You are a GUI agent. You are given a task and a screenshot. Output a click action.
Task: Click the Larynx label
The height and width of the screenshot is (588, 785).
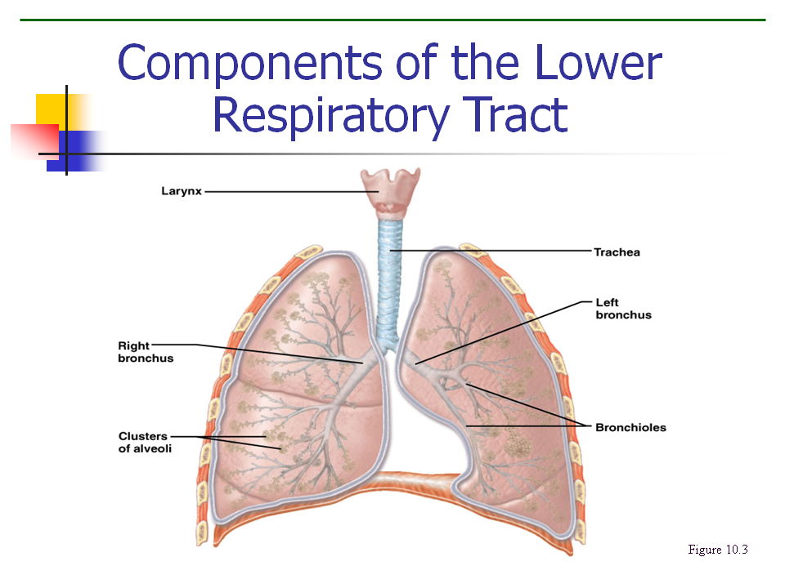pos(180,192)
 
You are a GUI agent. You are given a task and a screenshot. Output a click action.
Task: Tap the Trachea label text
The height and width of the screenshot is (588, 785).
pos(617,252)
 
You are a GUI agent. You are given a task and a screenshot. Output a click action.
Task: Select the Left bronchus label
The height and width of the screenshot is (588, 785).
pos(623,309)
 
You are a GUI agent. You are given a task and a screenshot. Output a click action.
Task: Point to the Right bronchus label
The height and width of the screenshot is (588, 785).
pos(146,352)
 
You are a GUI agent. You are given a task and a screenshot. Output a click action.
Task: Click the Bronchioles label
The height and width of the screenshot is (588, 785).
pos(630,427)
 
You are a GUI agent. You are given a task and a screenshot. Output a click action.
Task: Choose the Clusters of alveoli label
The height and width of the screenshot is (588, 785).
pos(145,443)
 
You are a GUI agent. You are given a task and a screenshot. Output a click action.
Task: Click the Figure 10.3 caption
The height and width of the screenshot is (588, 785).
pos(718,550)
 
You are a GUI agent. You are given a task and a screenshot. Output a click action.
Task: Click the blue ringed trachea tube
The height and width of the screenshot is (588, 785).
pos(391,269)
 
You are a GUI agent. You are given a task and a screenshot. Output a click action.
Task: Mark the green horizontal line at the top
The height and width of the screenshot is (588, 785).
pos(392,20)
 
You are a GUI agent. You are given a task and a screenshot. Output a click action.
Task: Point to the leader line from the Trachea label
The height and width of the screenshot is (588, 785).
pos(491,251)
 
